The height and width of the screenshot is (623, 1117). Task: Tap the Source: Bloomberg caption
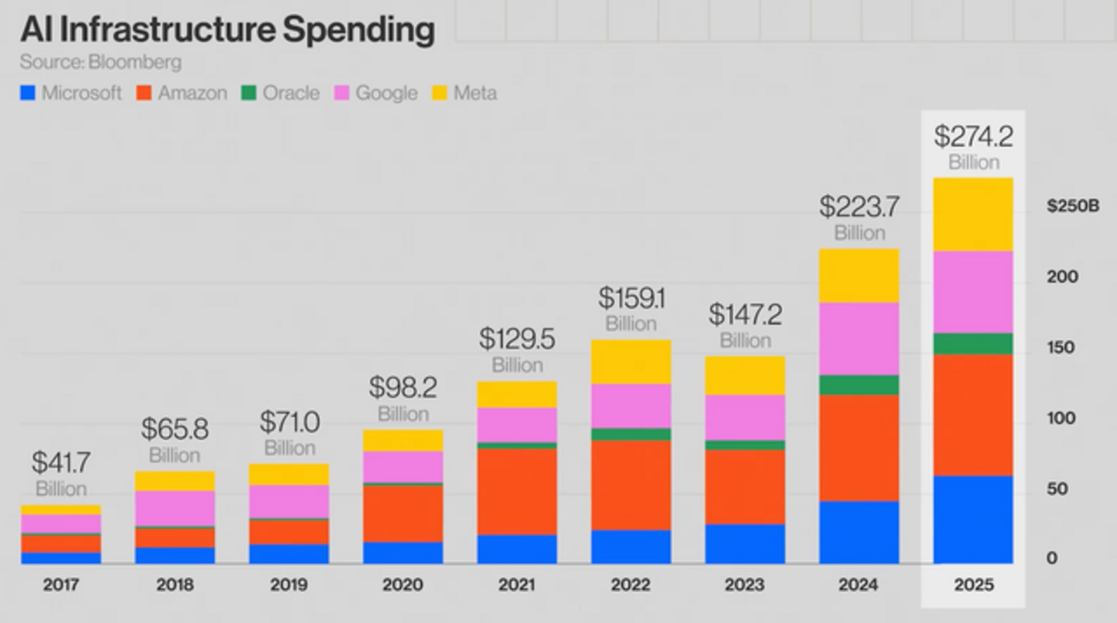click(x=101, y=63)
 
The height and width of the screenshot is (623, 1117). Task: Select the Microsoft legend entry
click(x=71, y=93)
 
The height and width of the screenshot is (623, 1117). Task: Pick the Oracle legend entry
click(x=281, y=93)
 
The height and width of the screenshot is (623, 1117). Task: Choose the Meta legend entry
click(x=465, y=93)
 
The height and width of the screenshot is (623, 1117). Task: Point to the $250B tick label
click(x=1073, y=206)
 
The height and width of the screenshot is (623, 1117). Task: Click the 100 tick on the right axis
click(x=1062, y=418)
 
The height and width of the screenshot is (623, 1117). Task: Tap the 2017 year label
click(x=61, y=584)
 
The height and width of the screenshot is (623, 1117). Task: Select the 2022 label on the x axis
click(x=631, y=584)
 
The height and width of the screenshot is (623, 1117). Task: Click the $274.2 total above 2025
click(x=973, y=137)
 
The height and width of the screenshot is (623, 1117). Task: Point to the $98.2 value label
click(x=403, y=387)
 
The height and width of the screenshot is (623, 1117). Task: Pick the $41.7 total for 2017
click(x=61, y=462)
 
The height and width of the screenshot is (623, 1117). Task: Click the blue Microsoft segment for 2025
click(x=973, y=519)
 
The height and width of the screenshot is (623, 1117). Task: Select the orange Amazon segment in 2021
click(x=517, y=492)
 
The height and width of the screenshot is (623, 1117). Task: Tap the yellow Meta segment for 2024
click(x=859, y=275)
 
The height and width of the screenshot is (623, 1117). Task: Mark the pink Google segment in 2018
click(x=175, y=508)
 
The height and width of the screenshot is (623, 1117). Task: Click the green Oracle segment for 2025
click(x=973, y=344)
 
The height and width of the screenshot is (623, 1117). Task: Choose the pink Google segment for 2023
click(x=745, y=417)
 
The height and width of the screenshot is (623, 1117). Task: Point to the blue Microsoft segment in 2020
click(x=403, y=552)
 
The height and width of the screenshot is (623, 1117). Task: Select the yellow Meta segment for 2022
click(x=631, y=362)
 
